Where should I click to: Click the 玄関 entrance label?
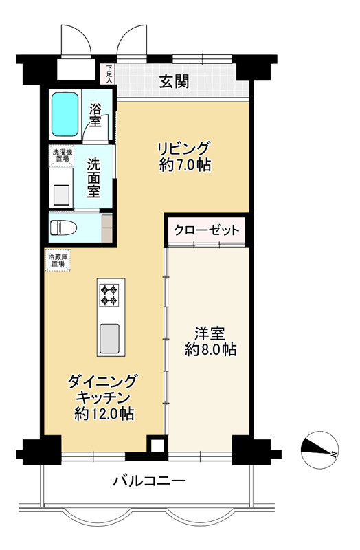175,82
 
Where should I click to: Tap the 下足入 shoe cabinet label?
109,73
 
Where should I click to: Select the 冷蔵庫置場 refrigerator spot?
57,261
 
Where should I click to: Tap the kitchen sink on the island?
109,338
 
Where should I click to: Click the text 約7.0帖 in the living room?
183,165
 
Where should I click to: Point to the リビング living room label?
183,148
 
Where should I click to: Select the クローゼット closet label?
206,230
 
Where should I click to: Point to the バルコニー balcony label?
149,481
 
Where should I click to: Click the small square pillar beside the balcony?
157,445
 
